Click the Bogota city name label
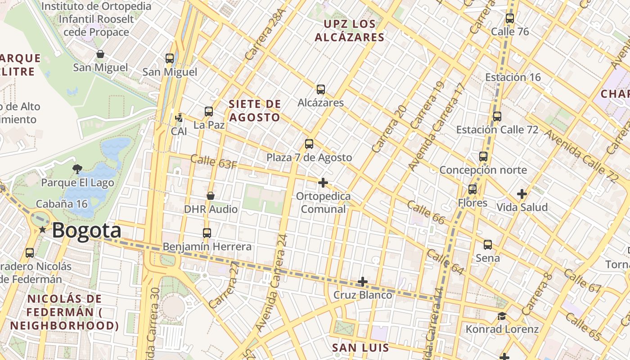point(86,230)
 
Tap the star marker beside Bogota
point(42,230)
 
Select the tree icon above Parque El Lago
point(77,169)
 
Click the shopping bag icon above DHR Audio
point(210,196)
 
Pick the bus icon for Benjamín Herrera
point(207,233)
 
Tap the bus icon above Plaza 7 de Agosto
point(309,144)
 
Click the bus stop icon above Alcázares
point(321,90)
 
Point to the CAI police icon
point(179,118)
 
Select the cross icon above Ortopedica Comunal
point(323,183)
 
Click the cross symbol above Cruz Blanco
point(363,282)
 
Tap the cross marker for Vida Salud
point(522,194)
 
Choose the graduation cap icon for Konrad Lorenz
point(502,316)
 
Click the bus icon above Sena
point(488,245)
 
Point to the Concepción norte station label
point(483,170)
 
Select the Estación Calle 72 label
point(497,130)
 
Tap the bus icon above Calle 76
point(510,18)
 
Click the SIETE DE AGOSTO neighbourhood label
point(254,111)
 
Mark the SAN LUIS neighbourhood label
point(360,347)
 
